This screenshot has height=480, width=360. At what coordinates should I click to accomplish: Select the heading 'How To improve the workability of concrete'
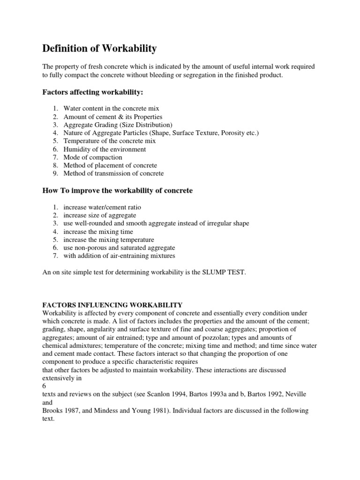tap(118, 191)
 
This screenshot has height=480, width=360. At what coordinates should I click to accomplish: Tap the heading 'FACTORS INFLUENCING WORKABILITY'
tap(112, 305)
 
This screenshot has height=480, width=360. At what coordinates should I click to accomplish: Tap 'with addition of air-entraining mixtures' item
tap(120, 255)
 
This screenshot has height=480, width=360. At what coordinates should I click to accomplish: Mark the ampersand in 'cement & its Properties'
tap(117, 117)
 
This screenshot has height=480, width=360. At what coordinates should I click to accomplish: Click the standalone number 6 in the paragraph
tap(44, 386)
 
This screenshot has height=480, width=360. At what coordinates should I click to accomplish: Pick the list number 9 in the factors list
tap(55, 173)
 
